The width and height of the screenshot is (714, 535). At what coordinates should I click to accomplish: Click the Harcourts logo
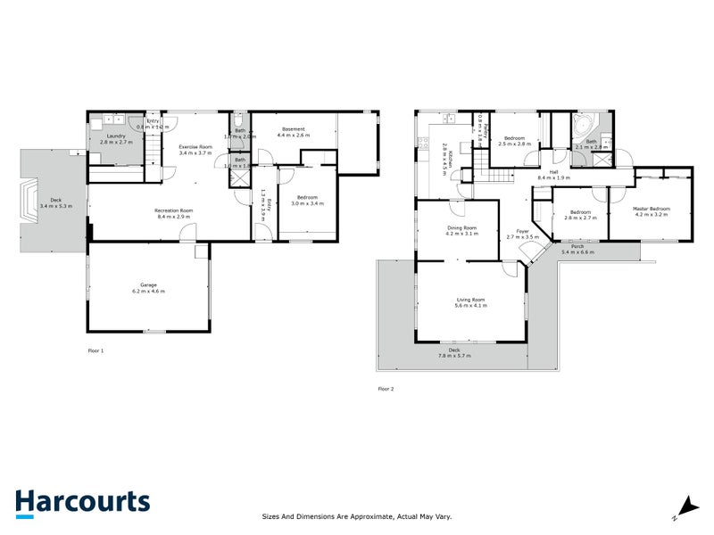coord(82,502)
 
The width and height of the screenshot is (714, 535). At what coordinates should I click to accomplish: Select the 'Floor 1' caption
coord(96,351)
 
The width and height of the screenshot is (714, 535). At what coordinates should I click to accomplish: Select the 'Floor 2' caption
coord(386,389)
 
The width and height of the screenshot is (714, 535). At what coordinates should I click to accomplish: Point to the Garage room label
coord(148,285)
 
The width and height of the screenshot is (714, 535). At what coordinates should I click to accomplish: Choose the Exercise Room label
coord(195,146)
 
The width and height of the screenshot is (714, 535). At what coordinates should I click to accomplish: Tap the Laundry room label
coord(116,136)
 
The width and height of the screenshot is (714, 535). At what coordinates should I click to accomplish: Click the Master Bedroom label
coord(652,210)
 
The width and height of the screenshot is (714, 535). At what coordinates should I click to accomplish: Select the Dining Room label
coord(462,227)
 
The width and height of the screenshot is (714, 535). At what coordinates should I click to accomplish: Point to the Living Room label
coord(469,300)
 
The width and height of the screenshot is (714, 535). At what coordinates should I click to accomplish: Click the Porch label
coord(577,246)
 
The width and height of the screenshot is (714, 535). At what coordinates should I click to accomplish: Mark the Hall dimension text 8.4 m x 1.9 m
coord(553,178)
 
